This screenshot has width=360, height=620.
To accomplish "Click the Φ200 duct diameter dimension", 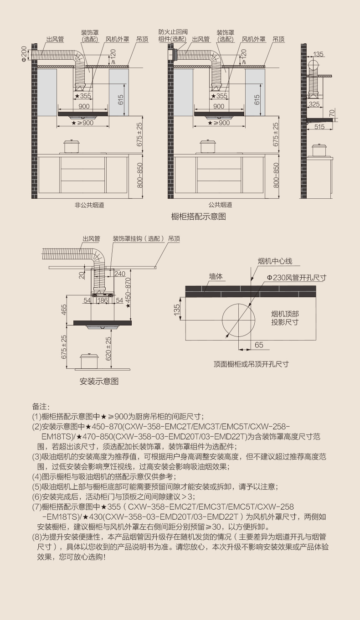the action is coord(24,54).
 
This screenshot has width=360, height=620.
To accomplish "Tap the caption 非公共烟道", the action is coord(89,205).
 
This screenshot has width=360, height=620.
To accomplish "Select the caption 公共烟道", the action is coord(220,205).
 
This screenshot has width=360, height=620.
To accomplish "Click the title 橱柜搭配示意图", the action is coord(198,217).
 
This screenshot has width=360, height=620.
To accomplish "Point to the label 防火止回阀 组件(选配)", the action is coord(173,36).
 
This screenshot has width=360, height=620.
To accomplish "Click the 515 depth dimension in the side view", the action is coord(319,127).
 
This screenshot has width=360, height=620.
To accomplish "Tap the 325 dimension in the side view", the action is coord(314,104).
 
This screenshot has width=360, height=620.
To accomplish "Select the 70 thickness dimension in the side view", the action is coord(332,113).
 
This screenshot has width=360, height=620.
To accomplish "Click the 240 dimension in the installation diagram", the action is coord(119,274).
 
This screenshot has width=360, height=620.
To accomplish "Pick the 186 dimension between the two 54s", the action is coord(103,300).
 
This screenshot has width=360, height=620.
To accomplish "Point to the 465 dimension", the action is coord(64,310).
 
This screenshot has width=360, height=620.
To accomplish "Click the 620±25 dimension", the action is coord(108,348).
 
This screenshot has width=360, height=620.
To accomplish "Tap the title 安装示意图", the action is coord(99,382).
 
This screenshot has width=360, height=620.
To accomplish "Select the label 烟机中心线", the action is coord(275,261).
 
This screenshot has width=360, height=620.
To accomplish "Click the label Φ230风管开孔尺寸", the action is coord(296,278).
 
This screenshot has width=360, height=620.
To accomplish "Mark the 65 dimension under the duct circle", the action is coord(259,345).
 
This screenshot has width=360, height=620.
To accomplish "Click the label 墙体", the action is coord(216,277).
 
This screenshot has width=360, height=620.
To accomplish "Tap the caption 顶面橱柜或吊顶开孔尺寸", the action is coord(251,364).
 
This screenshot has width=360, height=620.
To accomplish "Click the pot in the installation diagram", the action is coord(89,361).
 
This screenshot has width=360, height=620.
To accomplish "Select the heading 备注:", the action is coord(41,407).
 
